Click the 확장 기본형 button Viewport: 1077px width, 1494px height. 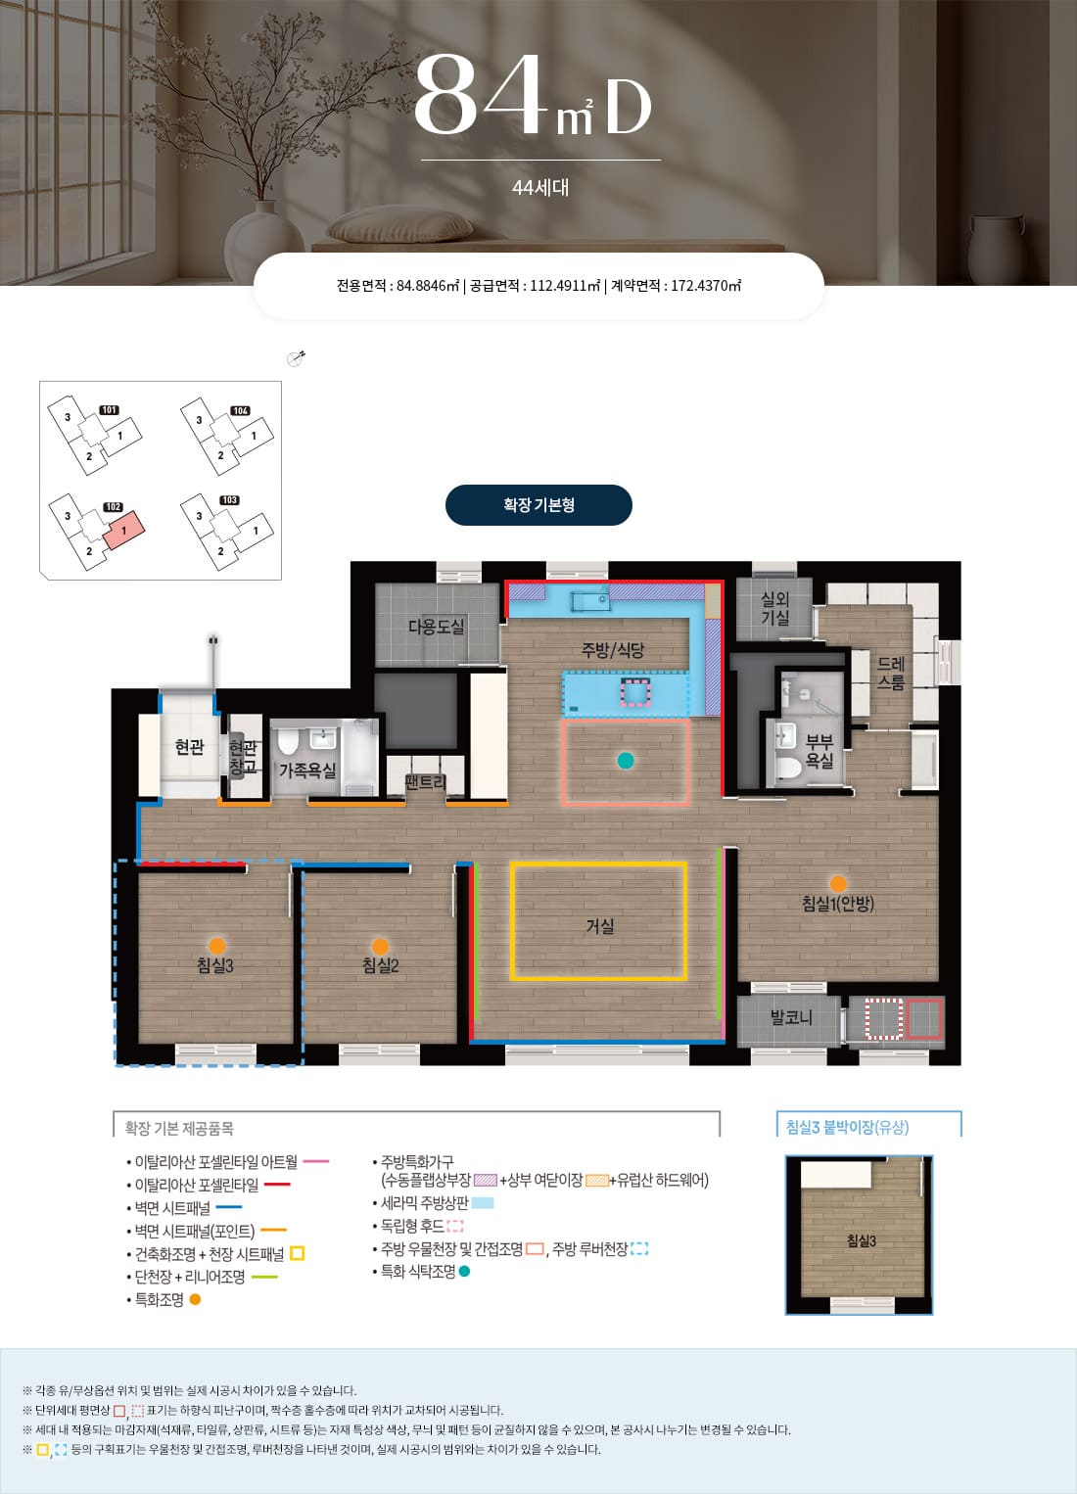538,505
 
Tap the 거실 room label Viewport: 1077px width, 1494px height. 599,926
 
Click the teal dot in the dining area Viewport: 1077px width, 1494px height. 626,761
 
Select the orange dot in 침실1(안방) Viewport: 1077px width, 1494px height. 838,884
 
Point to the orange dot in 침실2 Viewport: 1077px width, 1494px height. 380,947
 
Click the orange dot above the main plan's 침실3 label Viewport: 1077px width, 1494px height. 216,946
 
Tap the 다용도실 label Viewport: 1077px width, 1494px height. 436,626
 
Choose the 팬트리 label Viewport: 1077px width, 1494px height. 425,781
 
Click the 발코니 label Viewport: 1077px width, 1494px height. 791,1017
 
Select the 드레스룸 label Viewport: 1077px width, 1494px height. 890,673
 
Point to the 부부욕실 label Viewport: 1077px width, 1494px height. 819,752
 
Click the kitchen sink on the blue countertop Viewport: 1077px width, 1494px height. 590,599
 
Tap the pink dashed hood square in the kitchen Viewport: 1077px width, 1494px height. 635,692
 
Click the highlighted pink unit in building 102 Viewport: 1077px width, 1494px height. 124,531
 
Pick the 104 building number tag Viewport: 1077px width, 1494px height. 240,410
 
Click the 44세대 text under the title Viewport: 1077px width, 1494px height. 540,188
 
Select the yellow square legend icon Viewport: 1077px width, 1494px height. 298,1254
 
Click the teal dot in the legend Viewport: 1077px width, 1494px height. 464,1271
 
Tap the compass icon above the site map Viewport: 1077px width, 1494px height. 296,358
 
